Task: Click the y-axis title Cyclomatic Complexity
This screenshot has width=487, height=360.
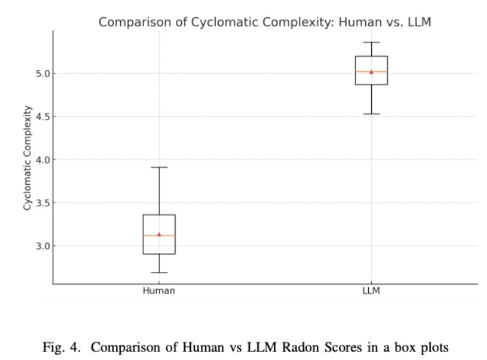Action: [28, 158]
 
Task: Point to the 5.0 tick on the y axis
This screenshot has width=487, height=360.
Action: [41, 73]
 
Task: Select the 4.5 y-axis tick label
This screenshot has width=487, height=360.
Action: [41, 116]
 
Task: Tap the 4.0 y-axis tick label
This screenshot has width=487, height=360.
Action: [41, 160]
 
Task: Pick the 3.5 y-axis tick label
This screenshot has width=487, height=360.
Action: [41, 203]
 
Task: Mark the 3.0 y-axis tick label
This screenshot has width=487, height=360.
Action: [41, 246]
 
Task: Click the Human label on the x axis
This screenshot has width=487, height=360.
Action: [159, 291]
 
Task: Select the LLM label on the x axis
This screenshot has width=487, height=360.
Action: [371, 291]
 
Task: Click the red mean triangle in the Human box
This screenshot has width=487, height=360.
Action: [159, 234]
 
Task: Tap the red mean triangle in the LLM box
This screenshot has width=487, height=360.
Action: [371, 72]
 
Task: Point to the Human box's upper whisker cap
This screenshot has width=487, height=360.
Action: [159, 167]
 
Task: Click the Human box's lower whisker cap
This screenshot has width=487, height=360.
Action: [159, 272]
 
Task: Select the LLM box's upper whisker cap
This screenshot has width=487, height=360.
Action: [371, 42]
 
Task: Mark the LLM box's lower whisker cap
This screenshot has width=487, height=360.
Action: [371, 114]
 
